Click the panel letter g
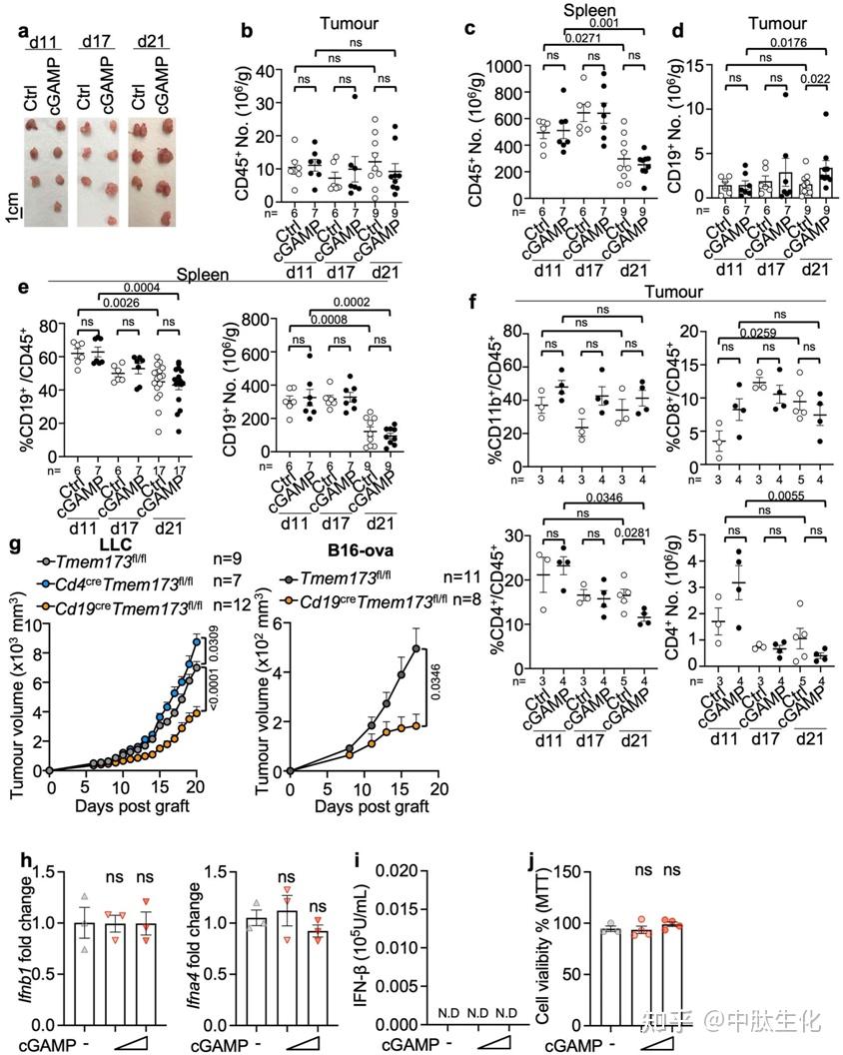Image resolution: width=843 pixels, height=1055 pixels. [x=15, y=547]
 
